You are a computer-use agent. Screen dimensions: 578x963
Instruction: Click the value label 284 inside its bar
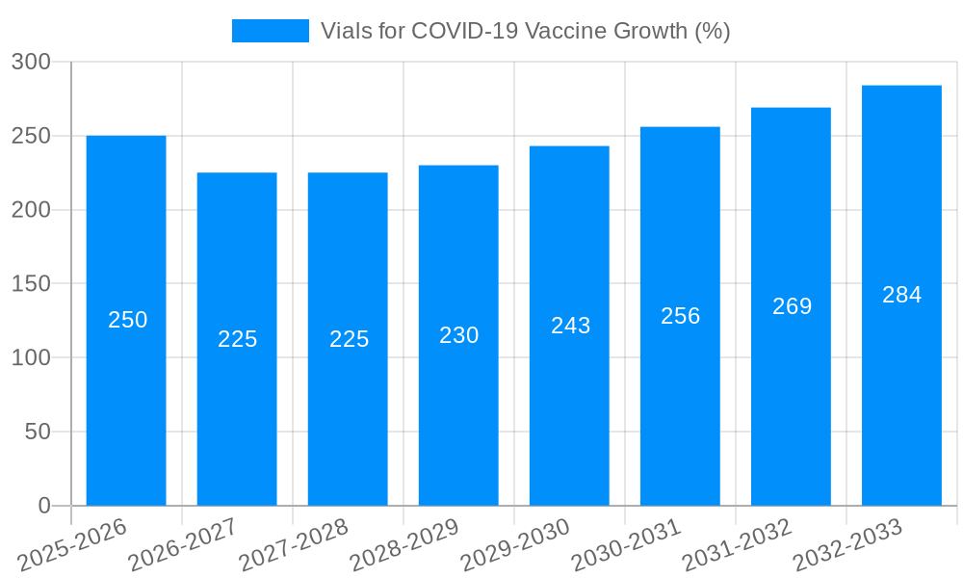tap(901, 295)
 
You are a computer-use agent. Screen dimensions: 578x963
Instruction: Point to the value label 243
tap(570, 326)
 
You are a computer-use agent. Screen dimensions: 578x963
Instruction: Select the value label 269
tap(792, 306)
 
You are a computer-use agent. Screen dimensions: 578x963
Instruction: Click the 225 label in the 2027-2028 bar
tap(349, 339)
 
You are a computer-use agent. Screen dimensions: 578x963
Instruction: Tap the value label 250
tap(127, 320)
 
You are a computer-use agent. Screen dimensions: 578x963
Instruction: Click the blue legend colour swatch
tap(271, 31)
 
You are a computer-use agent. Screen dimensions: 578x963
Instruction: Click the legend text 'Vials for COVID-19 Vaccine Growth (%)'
tap(525, 31)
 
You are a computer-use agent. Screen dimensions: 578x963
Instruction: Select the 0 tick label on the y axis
tap(44, 506)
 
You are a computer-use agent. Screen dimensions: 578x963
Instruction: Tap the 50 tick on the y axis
tap(38, 432)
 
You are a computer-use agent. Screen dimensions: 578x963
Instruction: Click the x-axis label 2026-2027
tap(183, 544)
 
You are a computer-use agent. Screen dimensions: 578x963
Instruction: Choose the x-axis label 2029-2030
tap(515, 544)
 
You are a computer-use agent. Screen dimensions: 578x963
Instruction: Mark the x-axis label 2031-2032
tap(737, 544)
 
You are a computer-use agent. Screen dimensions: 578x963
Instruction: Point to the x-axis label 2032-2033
tap(847, 544)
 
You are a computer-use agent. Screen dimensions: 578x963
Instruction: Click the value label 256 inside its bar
tap(680, 316)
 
